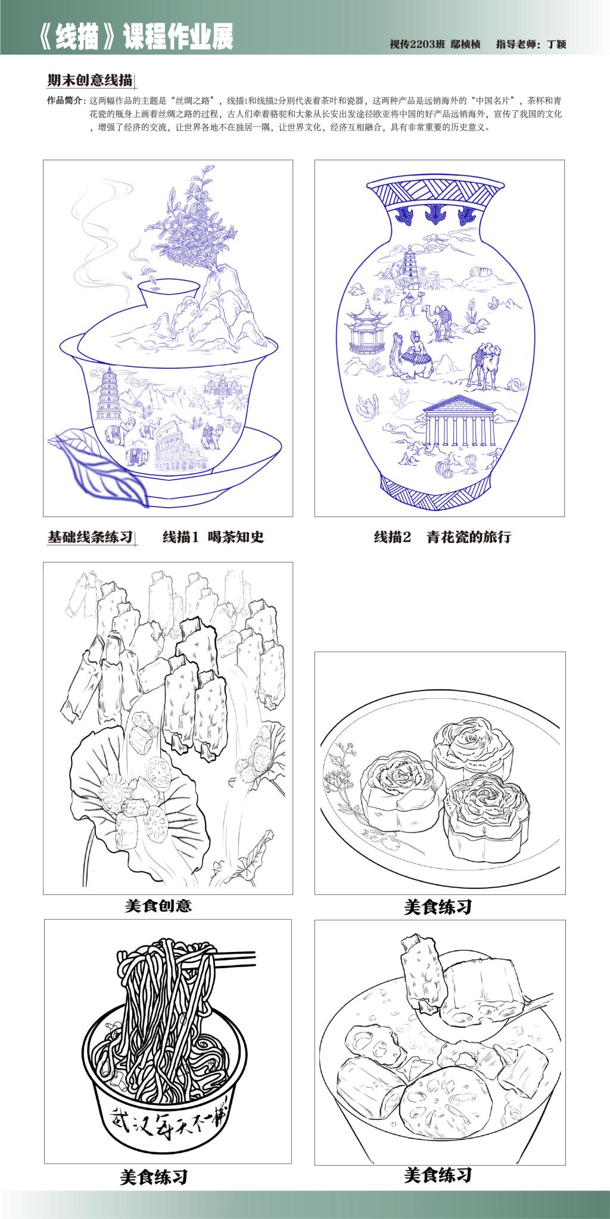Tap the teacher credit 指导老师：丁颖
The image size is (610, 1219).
click(531, 43)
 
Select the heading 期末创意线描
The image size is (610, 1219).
click(89, 80)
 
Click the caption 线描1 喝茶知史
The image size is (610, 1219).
click(213, 537)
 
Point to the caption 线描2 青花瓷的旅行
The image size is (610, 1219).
click(442, 537)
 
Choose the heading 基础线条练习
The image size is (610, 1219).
click(89, 537)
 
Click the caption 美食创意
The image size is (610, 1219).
click(158, 906)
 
